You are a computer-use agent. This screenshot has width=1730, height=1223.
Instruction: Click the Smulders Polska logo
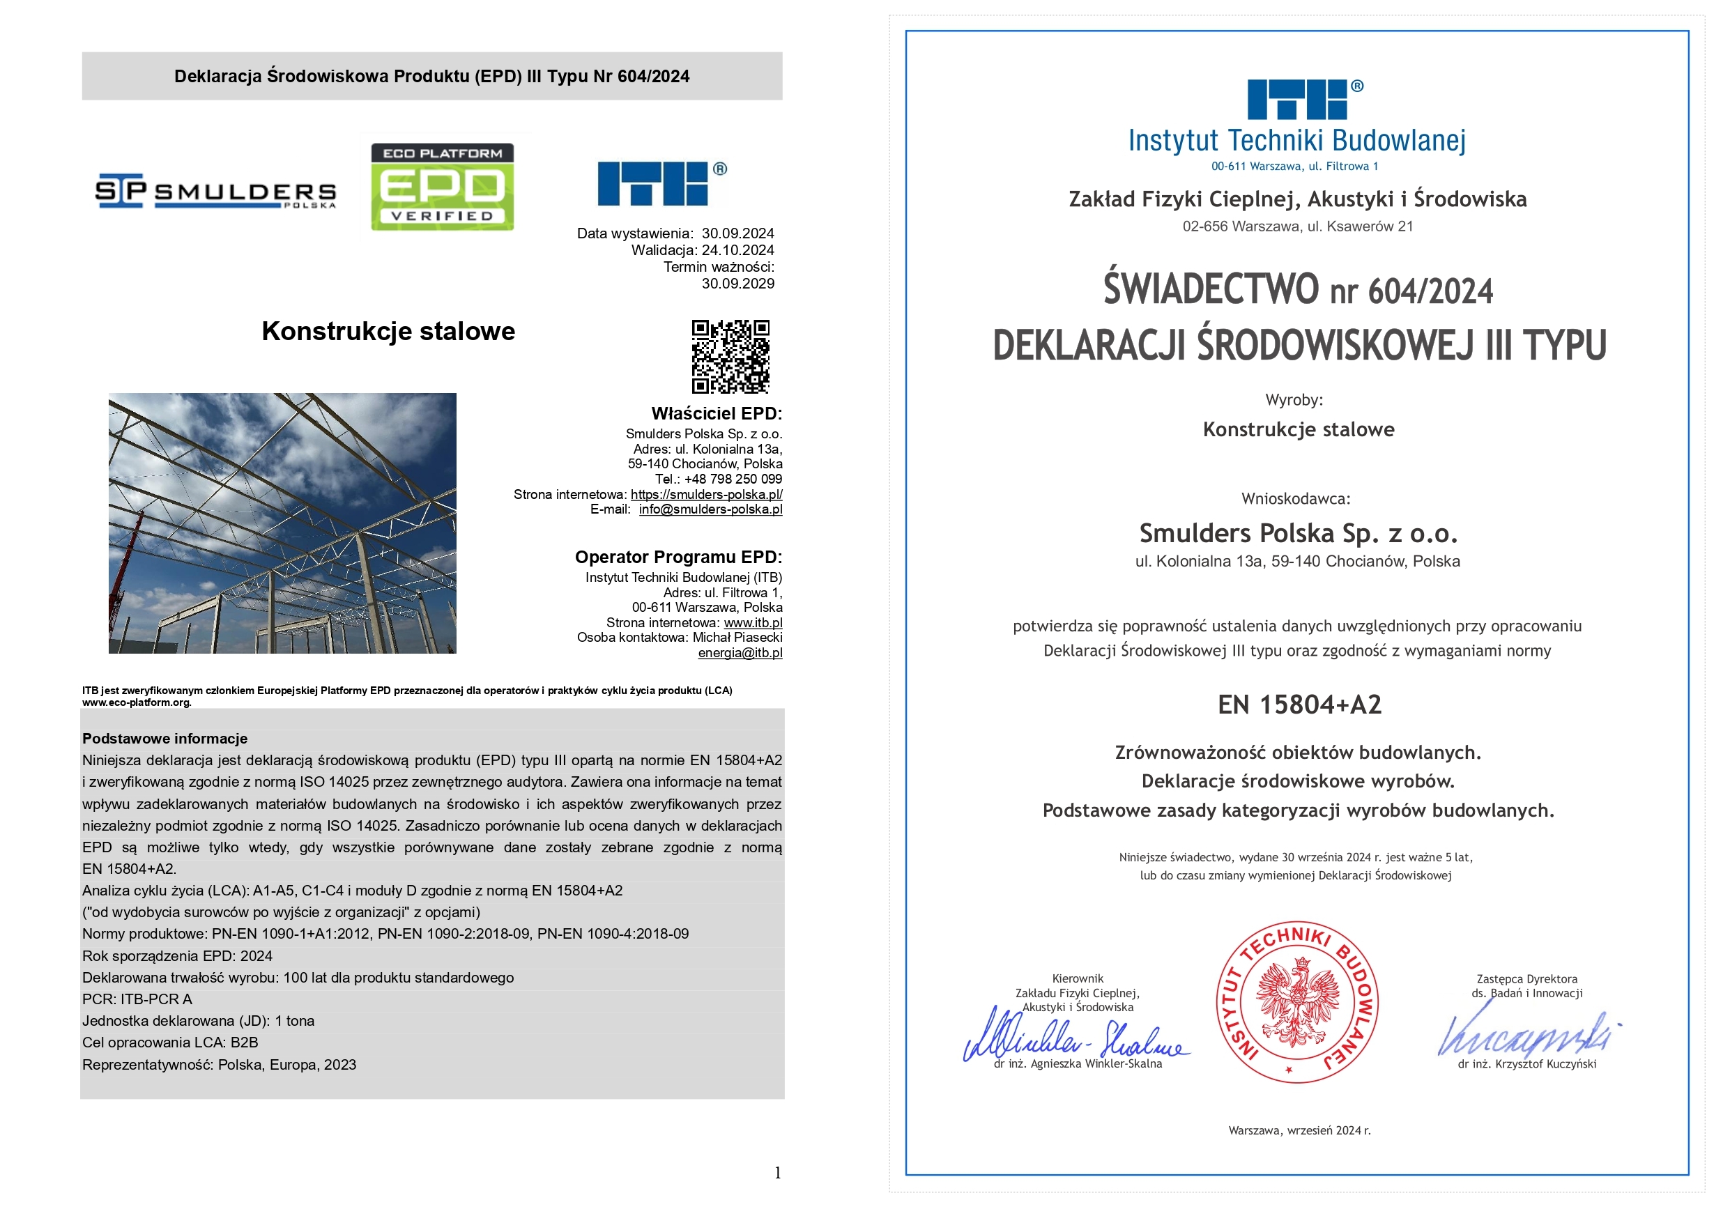[x=215, y=192]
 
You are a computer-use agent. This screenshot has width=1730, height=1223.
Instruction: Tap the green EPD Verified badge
[x=443, y=187]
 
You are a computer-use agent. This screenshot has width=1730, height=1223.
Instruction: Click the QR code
[x=730, y=356]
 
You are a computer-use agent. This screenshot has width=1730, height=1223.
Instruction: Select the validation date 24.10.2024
[x=737, y=250]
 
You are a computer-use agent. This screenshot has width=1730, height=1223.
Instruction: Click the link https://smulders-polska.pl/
[x=706, y=494]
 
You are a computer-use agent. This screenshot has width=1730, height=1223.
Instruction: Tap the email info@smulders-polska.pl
[x=710, y=509]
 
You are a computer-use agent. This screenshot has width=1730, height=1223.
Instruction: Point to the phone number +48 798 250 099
[x=733, y=479]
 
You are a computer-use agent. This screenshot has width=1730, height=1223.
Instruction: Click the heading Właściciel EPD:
[x=716, y=414]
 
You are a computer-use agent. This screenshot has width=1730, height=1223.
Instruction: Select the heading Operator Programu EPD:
[x=678, y=557]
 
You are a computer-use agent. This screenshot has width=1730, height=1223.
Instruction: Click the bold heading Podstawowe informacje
[x=164, y=739]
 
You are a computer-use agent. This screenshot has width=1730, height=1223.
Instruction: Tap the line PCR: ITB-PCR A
[x=137, y=999]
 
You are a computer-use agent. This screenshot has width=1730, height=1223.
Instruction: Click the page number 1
[x=778, y=1173]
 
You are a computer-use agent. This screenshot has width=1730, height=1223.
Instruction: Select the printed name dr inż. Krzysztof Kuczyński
[x=1526, y=1064]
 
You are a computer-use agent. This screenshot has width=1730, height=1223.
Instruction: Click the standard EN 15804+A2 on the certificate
[x=1299, y=705]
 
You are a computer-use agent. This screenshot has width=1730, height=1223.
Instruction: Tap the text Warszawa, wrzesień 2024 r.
[x=1299, y=1130]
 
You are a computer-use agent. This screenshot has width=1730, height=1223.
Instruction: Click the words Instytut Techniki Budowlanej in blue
[x=1296, y=141]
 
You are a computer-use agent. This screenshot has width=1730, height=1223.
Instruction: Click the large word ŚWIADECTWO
[x=1211, y=289]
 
